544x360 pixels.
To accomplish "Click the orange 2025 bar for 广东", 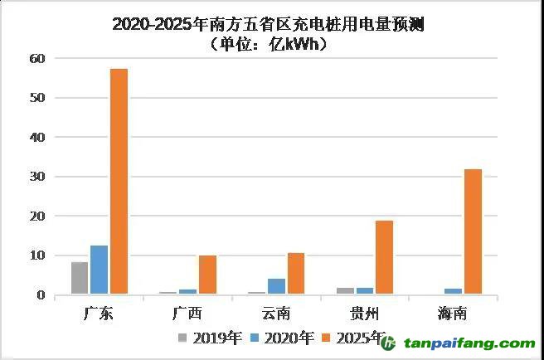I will coord(119,182).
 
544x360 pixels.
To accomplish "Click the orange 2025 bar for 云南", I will coord(296,274).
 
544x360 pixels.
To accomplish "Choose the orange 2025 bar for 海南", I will coord(472,232).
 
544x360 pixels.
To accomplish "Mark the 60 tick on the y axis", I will coord(36,58).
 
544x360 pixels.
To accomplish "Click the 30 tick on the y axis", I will coord(36,177).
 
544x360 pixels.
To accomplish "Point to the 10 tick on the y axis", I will coord(36,255).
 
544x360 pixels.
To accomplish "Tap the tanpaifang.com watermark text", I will coord(469,343).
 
